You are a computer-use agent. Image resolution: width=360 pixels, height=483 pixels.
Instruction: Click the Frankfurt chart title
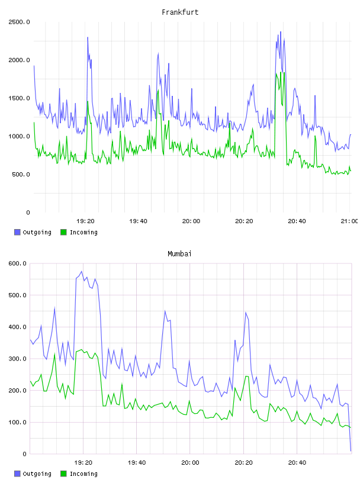pos(180,12)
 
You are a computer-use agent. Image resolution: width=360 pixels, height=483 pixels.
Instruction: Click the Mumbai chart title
pos(179,254)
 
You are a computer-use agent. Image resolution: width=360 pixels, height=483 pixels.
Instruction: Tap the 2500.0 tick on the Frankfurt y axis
pos(19,22)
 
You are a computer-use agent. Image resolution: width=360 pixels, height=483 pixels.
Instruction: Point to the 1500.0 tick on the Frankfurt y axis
pos(19,98)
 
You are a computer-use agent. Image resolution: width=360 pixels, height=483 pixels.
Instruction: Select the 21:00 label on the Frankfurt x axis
pos(349,221)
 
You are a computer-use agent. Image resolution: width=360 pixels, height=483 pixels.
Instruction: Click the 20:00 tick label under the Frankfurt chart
pos(191,221)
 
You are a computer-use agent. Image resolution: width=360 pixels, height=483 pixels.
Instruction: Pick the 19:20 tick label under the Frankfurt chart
pos(85,221)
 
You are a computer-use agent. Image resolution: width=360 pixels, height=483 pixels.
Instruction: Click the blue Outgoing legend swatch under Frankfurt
pos(17,232)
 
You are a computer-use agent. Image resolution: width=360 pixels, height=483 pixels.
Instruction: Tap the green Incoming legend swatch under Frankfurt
pos(63,232)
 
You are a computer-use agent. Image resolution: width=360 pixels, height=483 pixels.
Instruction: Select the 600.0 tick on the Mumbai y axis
pos(18,263)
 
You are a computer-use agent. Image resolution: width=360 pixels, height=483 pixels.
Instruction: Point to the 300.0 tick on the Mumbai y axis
pos(18,359)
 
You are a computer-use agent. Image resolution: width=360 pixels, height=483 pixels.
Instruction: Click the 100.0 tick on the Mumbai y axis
pos(18,422)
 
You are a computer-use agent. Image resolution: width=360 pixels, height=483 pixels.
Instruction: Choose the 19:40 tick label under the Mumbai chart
pos(137,463)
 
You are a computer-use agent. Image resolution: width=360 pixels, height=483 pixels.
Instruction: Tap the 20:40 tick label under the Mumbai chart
pos(297,463)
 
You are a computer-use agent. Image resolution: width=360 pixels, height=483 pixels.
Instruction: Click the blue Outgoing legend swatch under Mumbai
pos(17,474)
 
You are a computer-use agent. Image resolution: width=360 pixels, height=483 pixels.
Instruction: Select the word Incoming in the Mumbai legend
pos(83,474)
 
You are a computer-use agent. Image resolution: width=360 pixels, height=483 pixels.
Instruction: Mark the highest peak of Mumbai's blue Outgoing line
pos(81,271)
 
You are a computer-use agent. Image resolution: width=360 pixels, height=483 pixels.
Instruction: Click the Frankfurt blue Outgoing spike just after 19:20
pos(88,37)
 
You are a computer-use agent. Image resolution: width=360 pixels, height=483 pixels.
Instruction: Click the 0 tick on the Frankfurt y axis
pos(28,212)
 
